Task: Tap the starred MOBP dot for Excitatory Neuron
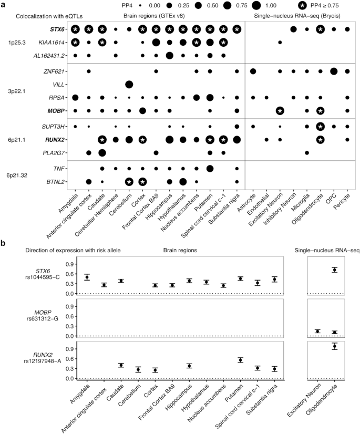tap(280, 110)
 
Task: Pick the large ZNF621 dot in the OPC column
tap(334, 71)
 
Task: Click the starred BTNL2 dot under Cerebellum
tap(129, 181)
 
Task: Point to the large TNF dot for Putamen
tap(210, 168)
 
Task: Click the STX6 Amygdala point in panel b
tap(87, 277)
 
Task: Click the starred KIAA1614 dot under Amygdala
tap(75, 42)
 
